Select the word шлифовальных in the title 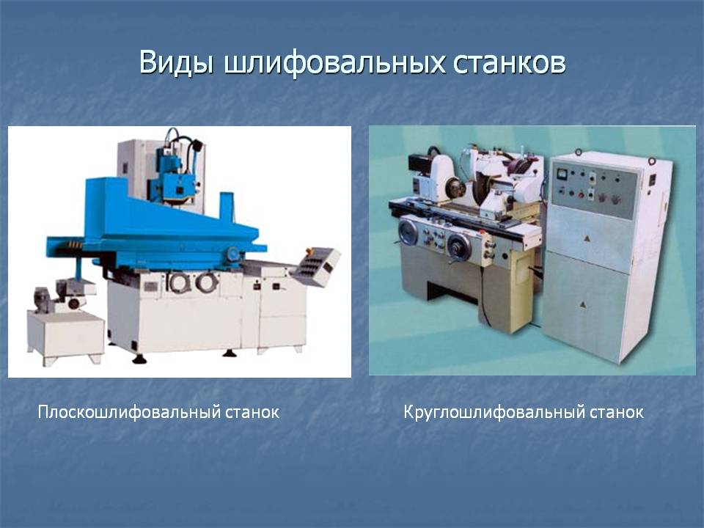pyautogui.click(x=334, y=63)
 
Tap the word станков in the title pyautogui.click(x=509, y=64)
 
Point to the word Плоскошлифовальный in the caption pyautogui.click(x=128, y=412)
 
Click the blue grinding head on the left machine pyautogui.click(x=175, y=177)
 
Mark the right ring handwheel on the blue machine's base pyautogui.click(x=207, y=282)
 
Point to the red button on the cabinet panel pyautogui.click(x=582, y=194)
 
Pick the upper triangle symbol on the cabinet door pyautogui.click(x=587, y=238)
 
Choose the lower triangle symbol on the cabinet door pyautogui.click(x=583, y=304)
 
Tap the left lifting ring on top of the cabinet pyautogui.click(x=579, y=152)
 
